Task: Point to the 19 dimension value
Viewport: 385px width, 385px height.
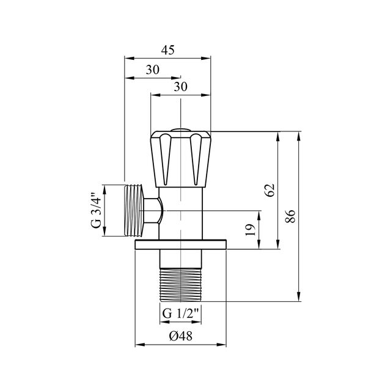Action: [249, 230]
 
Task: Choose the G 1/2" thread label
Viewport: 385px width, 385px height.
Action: [182, 315]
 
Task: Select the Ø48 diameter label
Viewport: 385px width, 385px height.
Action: [181, 336]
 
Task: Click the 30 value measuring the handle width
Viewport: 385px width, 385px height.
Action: [180, 87]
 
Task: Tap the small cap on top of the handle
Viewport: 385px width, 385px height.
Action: [181, 130]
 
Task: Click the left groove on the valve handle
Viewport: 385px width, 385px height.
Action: [164, 160]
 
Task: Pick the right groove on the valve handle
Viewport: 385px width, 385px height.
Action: [197, 160]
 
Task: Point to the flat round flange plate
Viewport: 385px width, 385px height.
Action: [181, 245]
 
